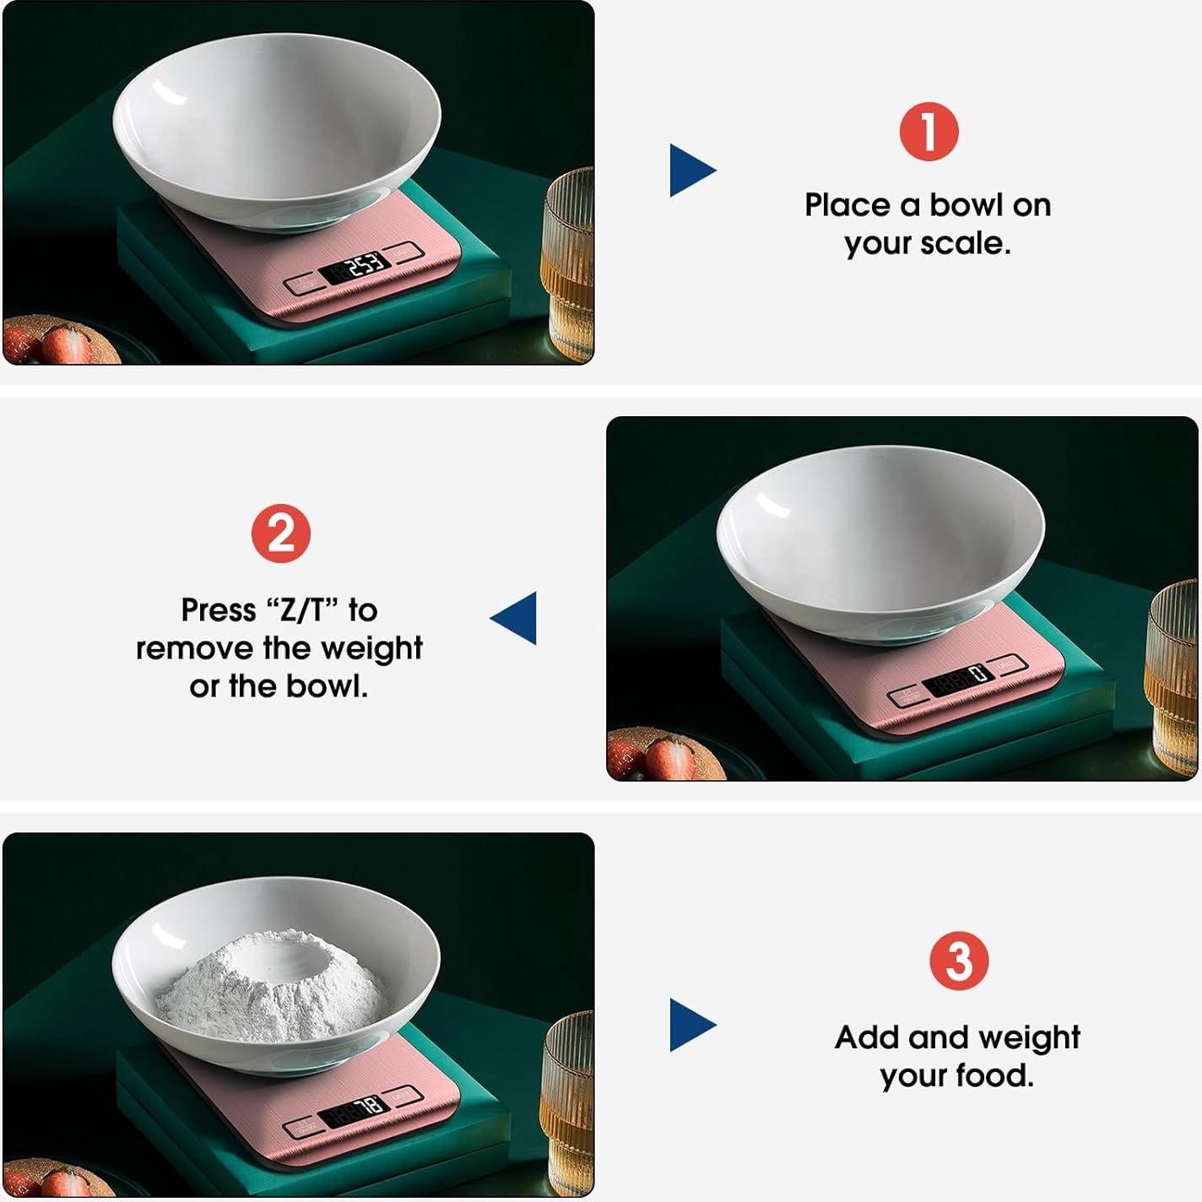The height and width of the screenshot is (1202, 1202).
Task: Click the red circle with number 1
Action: pos(928,132)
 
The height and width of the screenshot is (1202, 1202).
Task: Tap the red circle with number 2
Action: pos(281,534)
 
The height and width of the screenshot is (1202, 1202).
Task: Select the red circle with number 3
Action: pos(958,961)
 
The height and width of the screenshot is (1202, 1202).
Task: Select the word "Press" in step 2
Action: pos(219,609)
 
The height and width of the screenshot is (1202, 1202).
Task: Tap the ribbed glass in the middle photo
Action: pos(1174,675)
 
